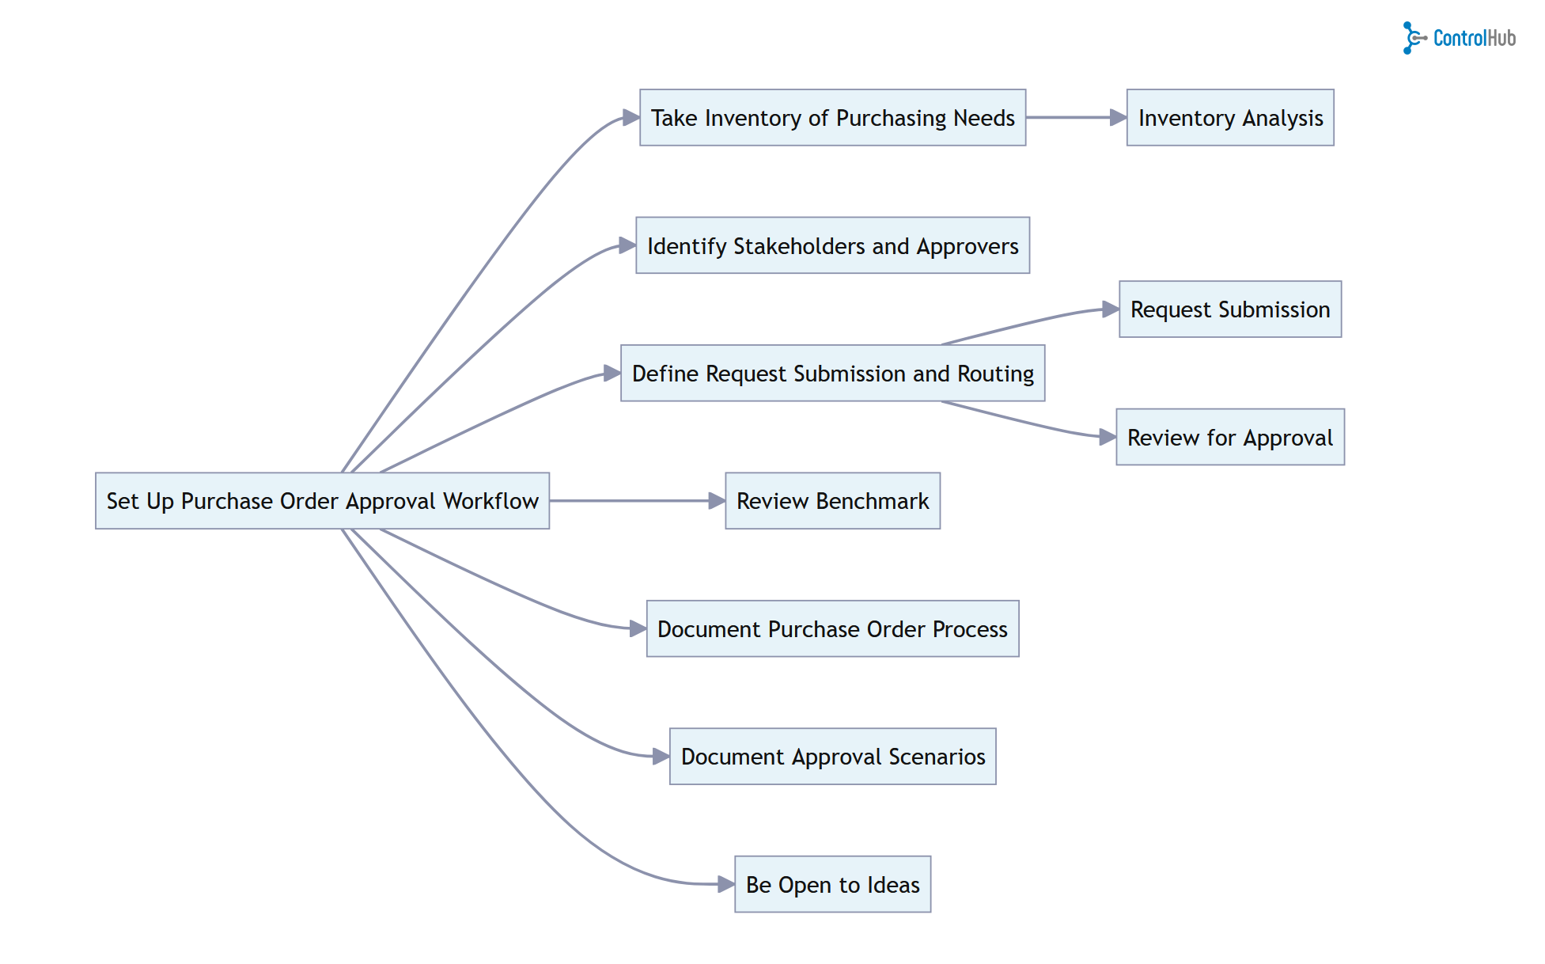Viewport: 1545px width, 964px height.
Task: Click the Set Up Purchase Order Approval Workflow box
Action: pyautogui.click(x=322, y=501)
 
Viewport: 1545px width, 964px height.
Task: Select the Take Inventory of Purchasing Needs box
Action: pyautogui.click(x=832, y=118)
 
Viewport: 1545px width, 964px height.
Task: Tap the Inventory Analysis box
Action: pyautogui.click(x=1230, y=118)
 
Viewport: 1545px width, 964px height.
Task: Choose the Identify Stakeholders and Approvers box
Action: pyautogui.click(x=832, y=246)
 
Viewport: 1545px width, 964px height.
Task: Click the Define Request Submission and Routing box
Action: pyautogui.click(x=832, y=374)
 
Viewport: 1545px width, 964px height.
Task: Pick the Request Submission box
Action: pyautogui.click(x=1230, y=309)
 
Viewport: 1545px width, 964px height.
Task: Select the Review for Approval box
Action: pyautogui.click(x=1230, y=438)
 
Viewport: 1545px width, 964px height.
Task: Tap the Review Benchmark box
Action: pyautogui.click(x=832, y=501)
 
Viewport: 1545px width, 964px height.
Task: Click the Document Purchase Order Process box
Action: pyautogui.click(x=832, y=629)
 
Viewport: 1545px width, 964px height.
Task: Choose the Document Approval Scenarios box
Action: pyautogui.click(x=832, y=757)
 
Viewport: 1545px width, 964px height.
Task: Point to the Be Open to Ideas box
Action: pyautogui.click(x=832, y=885)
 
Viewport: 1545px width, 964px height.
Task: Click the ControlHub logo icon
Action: pyautogui.click(x=1413, y=38)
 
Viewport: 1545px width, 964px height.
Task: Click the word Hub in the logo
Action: pyautogui.click(x=1501, y=38)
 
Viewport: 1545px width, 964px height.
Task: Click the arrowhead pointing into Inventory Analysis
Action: pyautogui.click(x=1118, y=118)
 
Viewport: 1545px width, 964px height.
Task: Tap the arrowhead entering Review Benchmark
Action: pyautogui.click(x=717, y=501)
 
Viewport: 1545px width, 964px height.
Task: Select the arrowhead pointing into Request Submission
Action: pyautogui.click(x=1111, y=310)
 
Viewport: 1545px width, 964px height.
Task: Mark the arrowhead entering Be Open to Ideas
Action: pyautogui.click(x=725, y=884)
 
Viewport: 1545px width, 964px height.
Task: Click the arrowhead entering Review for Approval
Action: pyautogui.click(x=1108, y=437)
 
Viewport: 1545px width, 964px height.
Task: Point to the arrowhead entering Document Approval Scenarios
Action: pyautogui.click(x=661, y=757)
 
